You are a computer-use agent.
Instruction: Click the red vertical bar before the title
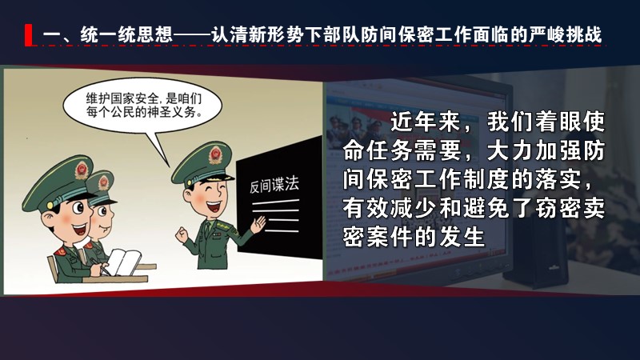[29, 35]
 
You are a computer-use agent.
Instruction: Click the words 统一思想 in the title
[126, 34]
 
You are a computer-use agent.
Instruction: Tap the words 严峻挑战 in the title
[566, 34]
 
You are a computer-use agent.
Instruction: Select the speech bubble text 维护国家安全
[122, 98]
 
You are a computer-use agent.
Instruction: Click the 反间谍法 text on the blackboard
[274, 186]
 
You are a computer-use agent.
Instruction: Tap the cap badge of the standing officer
[215, 155]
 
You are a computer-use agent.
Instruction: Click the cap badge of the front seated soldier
[82, 170]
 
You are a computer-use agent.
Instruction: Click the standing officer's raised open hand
[258, 225]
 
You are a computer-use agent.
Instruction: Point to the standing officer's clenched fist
[182, 235]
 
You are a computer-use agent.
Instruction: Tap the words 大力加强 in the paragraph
[534, 150]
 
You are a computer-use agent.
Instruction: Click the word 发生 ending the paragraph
[462, 236]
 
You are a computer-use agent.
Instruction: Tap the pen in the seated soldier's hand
[101, 266]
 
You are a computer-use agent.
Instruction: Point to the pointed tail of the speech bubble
[168, 167]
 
